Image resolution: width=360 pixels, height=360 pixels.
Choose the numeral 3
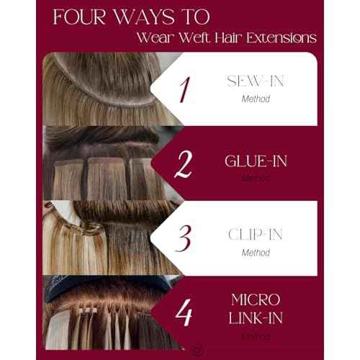[184, 238]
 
